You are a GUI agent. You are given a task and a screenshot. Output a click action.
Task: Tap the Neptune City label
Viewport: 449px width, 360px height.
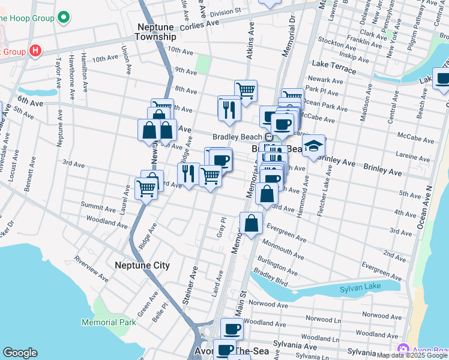[x=142, y=265]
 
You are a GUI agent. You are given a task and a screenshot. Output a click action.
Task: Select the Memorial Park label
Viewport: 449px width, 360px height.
[x=109, y=322]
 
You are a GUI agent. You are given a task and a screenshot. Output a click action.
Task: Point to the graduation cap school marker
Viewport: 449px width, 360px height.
[x=313, y=146]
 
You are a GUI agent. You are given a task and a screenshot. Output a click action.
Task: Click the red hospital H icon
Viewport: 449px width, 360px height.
[x=35, y=51]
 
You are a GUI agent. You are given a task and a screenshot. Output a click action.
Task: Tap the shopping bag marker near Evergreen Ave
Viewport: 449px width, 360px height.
[x=252, y=224]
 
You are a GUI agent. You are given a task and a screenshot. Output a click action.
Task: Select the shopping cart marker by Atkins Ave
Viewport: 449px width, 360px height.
[x=246, y=91]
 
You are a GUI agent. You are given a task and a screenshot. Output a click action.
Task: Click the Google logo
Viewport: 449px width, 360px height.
[x=20, y=353]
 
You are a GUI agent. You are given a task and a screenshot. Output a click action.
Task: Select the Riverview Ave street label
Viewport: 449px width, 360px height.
[x=91, y=269]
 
